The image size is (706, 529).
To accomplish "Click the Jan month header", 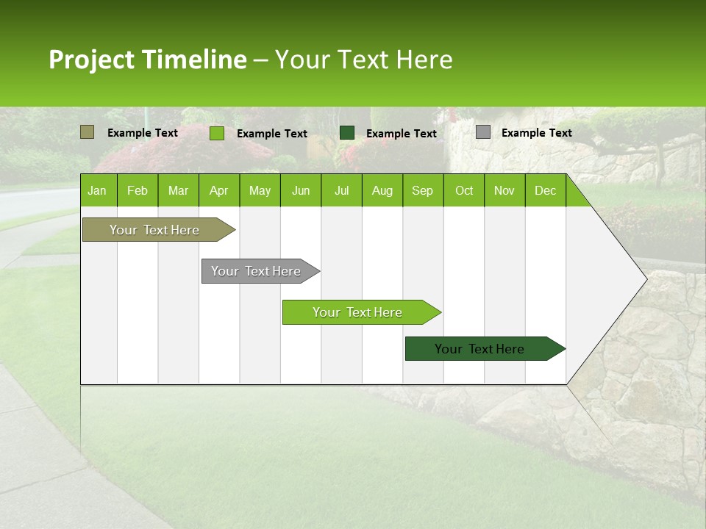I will tap(97, 191).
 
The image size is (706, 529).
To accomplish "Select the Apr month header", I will tap(218, 191).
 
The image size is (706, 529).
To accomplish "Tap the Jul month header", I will tap(341, 191).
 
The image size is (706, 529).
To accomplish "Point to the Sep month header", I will tap(422, 191).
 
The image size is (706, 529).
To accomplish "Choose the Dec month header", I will tap(545, 191).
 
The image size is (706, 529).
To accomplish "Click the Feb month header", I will tap(138, 191).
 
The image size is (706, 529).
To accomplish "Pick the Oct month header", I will tap(464, 191).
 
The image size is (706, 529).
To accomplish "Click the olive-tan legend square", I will tap(88, 132).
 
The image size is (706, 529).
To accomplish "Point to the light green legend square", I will tap(217, 133).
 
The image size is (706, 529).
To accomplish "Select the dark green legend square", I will tap(347, 132).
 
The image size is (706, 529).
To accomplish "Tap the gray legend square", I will tap(483, 132).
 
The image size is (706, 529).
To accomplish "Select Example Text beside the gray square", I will tap(536, 133).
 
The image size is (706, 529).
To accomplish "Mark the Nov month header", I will tap(504, 191).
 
